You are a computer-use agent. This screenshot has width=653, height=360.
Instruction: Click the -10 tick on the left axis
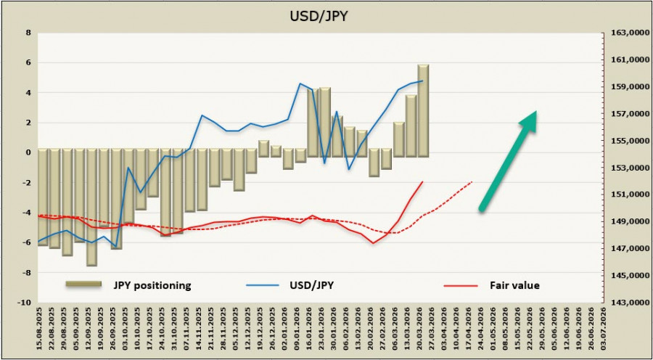click(x=24, y=303)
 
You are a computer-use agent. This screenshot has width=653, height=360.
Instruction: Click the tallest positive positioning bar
click(x=423, y=109)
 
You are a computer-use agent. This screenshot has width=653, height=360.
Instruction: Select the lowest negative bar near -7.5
click(x=91, y=210)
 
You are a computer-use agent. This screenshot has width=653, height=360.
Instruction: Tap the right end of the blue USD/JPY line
click(x=422, y=81)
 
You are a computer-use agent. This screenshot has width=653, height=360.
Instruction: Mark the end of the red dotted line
click(x=472, y=181)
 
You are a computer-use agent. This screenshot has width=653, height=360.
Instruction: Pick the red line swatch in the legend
click(x=464, y=285)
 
